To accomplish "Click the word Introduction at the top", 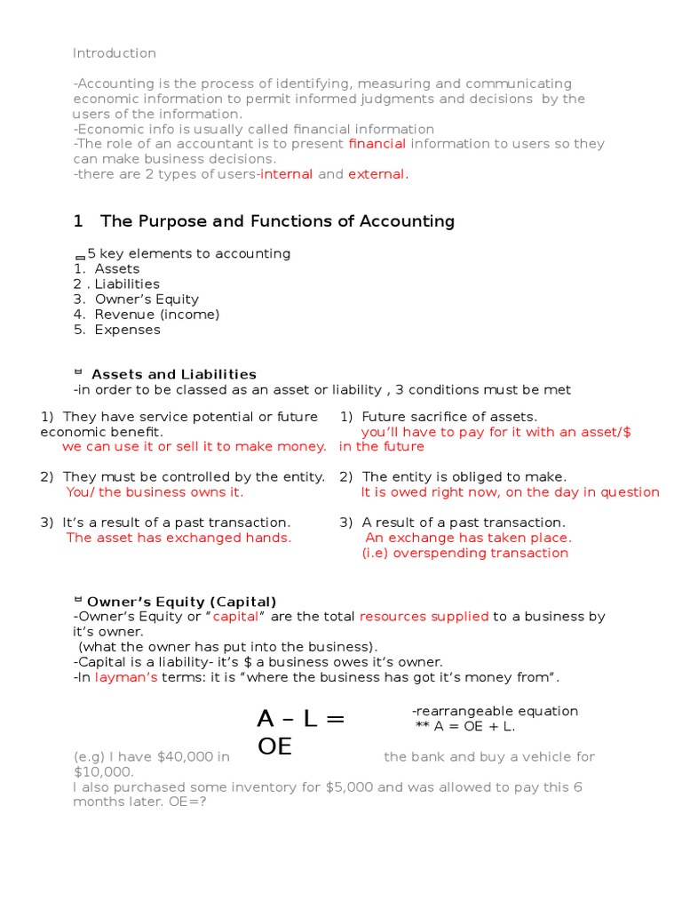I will pos(114,53).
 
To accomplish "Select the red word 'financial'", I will pos(377,144).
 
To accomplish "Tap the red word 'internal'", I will pos(286,174).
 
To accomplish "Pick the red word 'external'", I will pos(377,174).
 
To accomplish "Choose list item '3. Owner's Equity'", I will pos(136,299).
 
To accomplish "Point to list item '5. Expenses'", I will pos(116,330).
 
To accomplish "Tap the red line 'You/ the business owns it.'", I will pos(155,492).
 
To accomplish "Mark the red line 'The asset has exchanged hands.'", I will pos(178,538).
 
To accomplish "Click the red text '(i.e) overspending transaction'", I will pos(464,553).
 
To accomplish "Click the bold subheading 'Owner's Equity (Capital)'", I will pos(182,602).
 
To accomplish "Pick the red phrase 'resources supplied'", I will pos(424,617).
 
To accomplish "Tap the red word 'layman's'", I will pos(126,678).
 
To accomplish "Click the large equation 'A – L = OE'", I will pos(300,731).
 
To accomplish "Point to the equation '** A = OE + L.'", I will pos(464,727).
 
